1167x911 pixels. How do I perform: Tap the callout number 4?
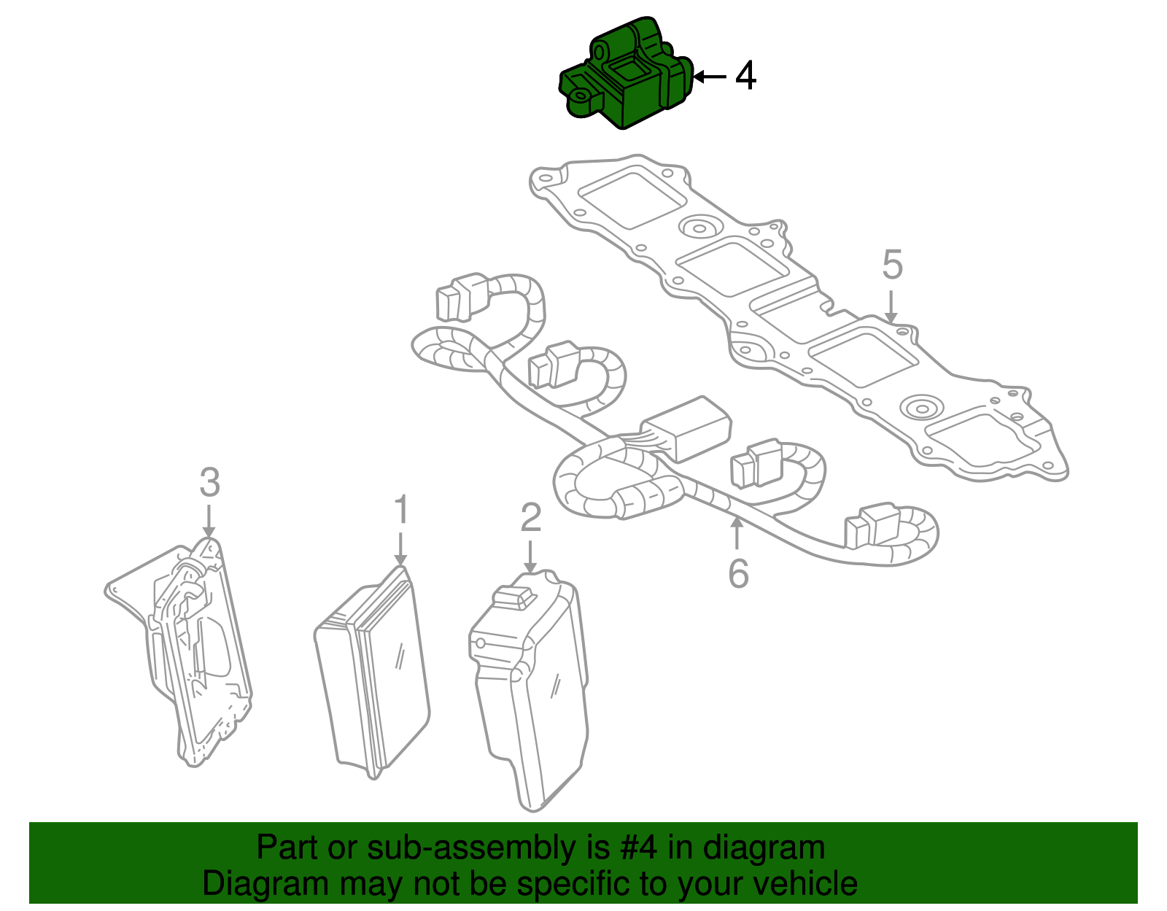click(x=745, y=76)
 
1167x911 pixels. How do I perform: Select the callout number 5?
click(x=892, y=265)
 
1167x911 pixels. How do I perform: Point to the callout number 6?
click(x=738, y=573)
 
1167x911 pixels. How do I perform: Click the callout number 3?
click(x=209, y=482)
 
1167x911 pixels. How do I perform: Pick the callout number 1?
click(x=401, y=510)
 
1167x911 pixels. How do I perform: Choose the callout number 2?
click(x=530, y=517)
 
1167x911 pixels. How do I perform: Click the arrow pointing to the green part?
click(x=709, y=76)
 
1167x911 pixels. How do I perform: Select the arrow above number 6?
click(x=737, y=532)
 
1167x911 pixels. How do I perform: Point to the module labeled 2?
click(x=529, y=693)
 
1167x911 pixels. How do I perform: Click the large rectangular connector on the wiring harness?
click(x=687, y=429)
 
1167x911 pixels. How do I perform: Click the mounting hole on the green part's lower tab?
click(x=582, y=96)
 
